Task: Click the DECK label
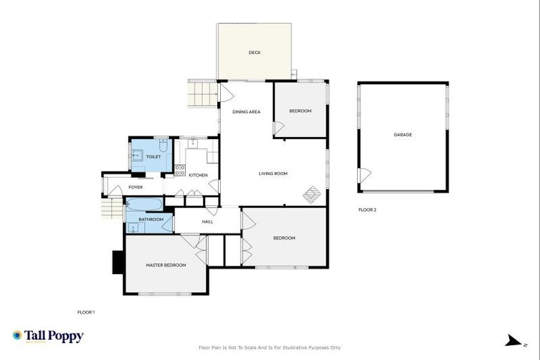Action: [255, 53]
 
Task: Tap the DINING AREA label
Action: [246, 112]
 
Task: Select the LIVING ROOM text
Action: [273, 174]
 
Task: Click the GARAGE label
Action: [402, 134]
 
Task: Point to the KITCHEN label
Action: [198, 175]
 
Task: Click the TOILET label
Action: [153, 157]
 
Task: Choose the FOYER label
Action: [135, 188]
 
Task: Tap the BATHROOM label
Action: [150, 219]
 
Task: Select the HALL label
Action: [207, 222]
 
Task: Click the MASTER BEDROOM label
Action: [166, 265]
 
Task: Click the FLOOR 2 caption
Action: [367, 210]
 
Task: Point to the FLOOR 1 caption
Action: [85, 311]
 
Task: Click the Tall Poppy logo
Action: [48, 336]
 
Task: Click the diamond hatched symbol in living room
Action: [312, 194]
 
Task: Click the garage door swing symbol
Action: [364, 175]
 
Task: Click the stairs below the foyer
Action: [112, 208]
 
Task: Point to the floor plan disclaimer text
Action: [270, 347]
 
